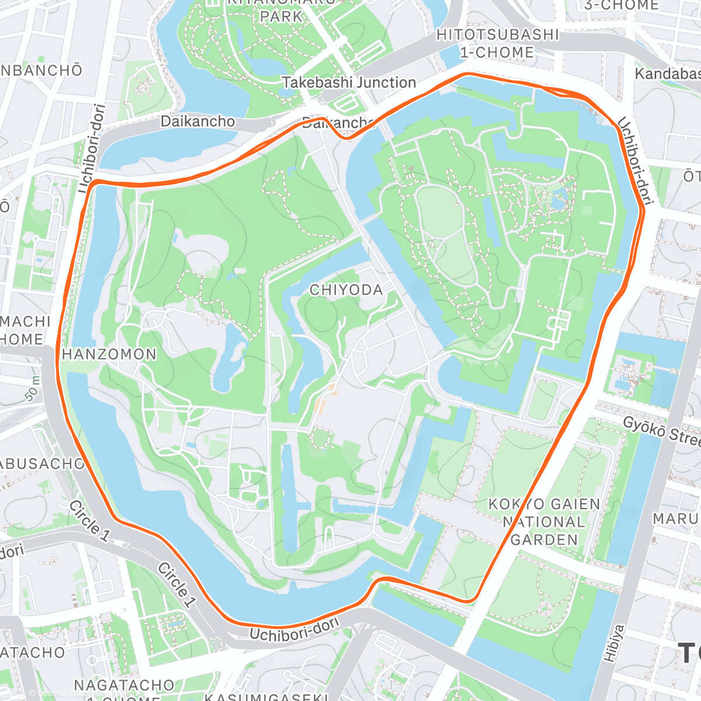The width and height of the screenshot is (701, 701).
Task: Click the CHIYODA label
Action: pyautogui.click(x=346, y=290)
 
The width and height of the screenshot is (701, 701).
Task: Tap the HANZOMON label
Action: pyautogui.click(x=109, y=354)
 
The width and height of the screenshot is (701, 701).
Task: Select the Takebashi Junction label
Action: pyautogui.click(x=349, y=82)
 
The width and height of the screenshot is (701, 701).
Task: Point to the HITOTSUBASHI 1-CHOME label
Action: pyautogui.click(x=497, y=44)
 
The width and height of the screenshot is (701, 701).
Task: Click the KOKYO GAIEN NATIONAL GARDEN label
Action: pyautogui.click(x=544, y=522)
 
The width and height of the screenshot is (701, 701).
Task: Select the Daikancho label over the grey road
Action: pyautogui.click(x=197, y=122)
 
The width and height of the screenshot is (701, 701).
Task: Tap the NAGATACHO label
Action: pyautogui.click(x=124, y=685)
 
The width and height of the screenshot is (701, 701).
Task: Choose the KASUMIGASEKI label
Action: pyautogui.click(x=266, y=696)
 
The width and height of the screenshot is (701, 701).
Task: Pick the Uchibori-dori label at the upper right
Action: pyautogui.click(x=634, y=160)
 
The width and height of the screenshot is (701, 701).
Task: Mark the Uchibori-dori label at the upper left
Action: pyautogui.click(x=92, y=148)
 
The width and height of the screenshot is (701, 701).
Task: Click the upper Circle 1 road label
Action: pyautogui.click(x=89, y=520)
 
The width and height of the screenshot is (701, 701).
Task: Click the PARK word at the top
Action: pyautogui.click(x=281, y=16)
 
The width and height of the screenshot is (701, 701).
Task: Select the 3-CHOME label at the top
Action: pyautogui.click(x=621, y=5)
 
